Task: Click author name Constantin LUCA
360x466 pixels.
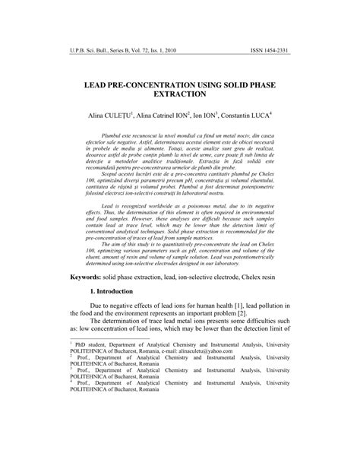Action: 243,119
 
